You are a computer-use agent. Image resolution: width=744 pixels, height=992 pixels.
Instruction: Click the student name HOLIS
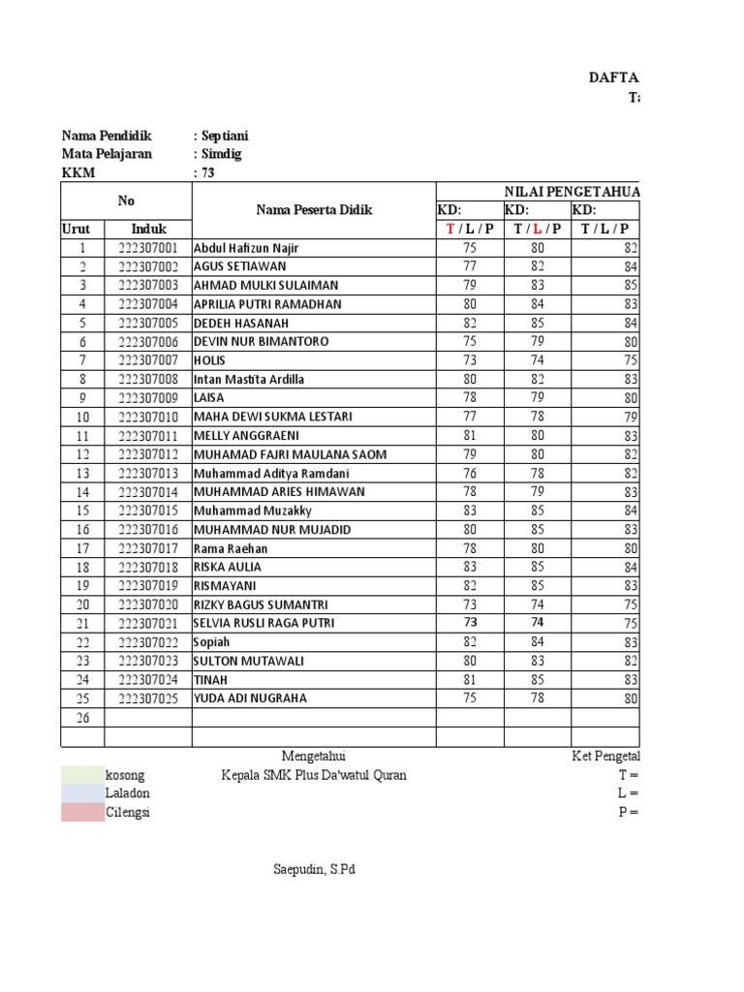pyautogui.click(x=209, y=360)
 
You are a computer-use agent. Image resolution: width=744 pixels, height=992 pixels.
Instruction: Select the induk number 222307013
pyautogui.click(x=148, y=473)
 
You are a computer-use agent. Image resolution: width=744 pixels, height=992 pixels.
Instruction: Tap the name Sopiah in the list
pyautogui.click(x=212, y=642)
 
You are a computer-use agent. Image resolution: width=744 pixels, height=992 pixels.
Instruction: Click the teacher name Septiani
pyautogui.click(x=226, y=137)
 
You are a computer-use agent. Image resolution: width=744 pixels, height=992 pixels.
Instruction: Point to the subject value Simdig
pyautogui.click(x=221, y=154)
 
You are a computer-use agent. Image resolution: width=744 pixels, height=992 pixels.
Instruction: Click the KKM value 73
pyautogui.click(x=207, y=172)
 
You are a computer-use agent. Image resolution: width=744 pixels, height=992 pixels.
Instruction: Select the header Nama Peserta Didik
pyautogui.click(x=313, y=210)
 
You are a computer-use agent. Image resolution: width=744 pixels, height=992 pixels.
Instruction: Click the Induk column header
pyautogui.click(x=148, y=229)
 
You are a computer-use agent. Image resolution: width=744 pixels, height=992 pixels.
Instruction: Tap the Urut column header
pyautogui.click(x=82, y=229)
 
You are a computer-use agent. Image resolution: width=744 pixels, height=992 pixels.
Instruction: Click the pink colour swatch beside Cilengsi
pyautogui.click(x=82, y=812)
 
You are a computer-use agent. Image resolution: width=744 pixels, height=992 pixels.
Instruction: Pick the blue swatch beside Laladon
pyautogui.click(x=82, y=793)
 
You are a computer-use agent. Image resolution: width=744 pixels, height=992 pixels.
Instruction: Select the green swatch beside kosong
pyautogui.click(x=82, y=775)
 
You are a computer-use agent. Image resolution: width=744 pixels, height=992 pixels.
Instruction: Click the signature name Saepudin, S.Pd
pyautogui.click(x=314, y=869)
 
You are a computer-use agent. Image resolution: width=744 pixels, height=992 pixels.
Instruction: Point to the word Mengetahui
pyautogui.click(x=314, y=756)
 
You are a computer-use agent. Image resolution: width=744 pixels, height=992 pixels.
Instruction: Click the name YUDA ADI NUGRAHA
pyautogui.click(x=250, y=698)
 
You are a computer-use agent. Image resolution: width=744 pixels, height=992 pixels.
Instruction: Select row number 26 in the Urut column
pyautogui.click(x=82, y=718)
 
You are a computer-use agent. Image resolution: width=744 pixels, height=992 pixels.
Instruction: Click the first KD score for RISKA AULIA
pyautogui.click(x=470, y=567)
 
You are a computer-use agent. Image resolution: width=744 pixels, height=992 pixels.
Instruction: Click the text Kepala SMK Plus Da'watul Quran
pyautogui.click(x=314, y=775)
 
